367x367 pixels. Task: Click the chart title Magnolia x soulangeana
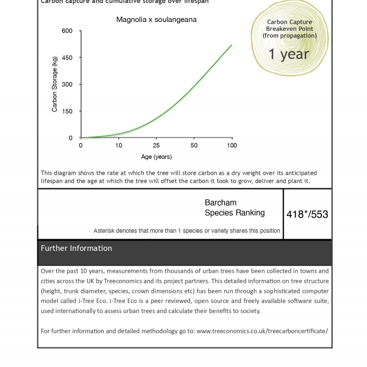coord(156,20)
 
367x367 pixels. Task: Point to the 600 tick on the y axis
coord(67,31)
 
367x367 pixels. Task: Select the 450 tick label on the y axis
coord(67,58)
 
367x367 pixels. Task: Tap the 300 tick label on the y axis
coord(67,85)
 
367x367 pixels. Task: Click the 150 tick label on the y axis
coord(67,111)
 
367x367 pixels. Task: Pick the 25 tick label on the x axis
coord(156,146)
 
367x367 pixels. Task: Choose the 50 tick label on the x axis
coord(194,146)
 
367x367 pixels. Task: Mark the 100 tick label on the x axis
coord(232,146)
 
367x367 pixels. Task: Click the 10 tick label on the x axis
coord(119,146)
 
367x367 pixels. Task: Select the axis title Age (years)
coord(156,157)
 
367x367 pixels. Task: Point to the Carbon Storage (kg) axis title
coord(54,84)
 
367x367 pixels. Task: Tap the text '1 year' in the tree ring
coord(288,54)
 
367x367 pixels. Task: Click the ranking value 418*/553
coord(307,214)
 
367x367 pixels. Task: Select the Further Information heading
coord(76,249)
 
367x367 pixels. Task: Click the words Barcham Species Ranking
coord(234,208)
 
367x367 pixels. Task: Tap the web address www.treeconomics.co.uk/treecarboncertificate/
coord(262,331)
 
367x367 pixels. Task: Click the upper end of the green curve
coord(231,45)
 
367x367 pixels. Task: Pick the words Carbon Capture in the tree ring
coord(289,22)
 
